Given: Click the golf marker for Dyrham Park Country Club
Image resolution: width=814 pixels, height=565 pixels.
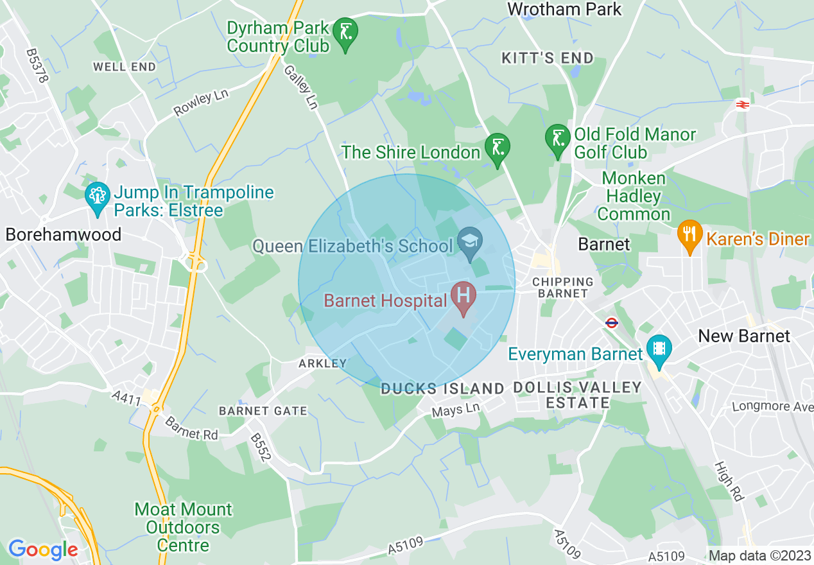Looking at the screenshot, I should [x=346, y=31].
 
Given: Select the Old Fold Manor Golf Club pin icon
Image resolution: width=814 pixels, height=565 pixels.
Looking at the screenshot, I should [x=557, y=139].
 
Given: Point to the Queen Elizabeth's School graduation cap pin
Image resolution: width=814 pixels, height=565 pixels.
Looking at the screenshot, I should [x=471, y=242].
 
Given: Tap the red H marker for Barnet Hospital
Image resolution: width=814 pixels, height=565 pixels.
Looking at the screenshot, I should [x=463, y=297].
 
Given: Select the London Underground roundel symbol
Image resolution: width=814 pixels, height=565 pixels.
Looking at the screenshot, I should [x=611, y=323].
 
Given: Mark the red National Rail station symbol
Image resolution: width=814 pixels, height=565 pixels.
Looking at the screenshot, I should [x=743, y=103].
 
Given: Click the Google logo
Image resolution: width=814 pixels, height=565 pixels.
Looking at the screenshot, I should [x=43, y=550].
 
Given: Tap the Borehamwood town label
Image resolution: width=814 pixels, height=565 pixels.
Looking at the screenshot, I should [x=64, y=234].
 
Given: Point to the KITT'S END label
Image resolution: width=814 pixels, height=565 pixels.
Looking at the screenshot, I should [x=548, y=58].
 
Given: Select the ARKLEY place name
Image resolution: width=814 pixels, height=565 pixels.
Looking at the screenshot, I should [x=322, y=363].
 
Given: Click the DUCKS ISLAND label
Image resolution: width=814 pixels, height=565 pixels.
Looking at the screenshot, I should [x=442, y=388].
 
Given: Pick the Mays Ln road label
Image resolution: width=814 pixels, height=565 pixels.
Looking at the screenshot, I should [x=455, y=410].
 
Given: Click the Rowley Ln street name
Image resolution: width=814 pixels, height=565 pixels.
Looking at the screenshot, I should [x=201, y=103].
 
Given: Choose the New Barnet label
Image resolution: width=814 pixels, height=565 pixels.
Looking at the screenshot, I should [x=744, y=336].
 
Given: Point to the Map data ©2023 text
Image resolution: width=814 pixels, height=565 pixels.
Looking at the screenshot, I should [x=756, y=556].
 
